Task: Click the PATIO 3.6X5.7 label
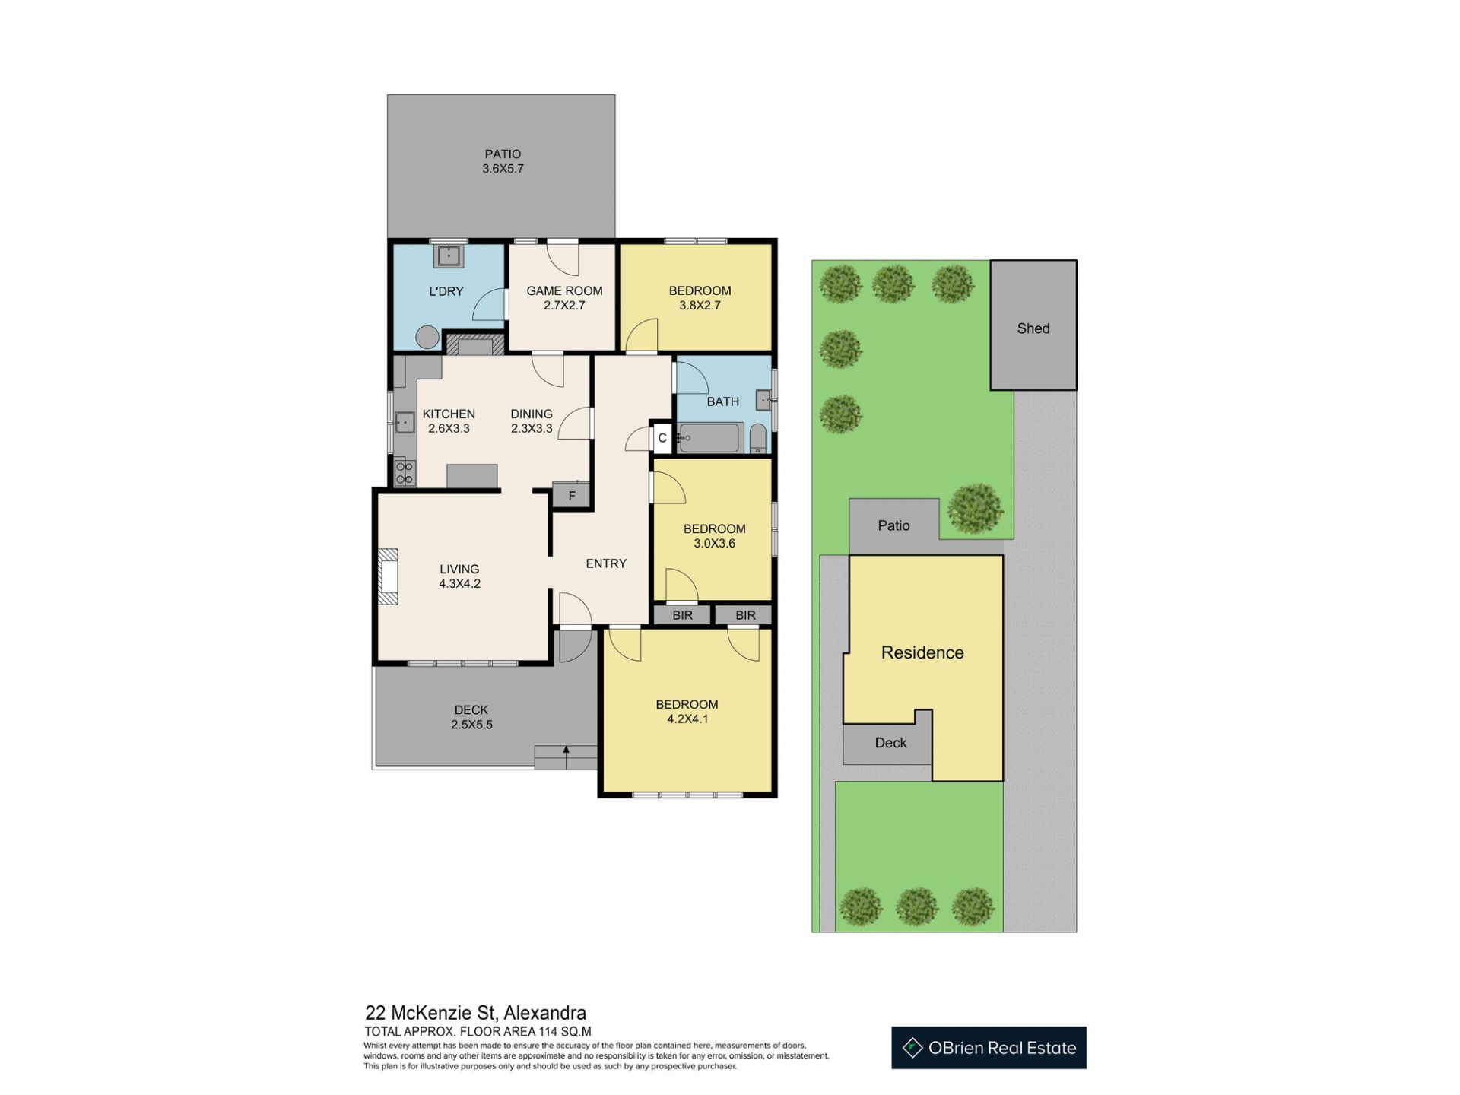[503, 161]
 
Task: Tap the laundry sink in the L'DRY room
[449, 255]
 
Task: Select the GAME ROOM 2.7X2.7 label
[564, 298]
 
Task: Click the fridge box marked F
[572, 495]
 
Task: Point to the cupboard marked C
[662, 438]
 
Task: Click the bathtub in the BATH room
[709, 438]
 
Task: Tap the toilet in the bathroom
[758, 439]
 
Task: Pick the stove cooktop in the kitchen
[405, 472]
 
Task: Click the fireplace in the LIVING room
[387, 576]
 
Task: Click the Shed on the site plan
[1033, 325]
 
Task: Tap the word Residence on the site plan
[922, 652]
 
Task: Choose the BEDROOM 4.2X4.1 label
[687, 712]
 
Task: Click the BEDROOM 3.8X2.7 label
[700, 298]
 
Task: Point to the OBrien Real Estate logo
[989, 1048]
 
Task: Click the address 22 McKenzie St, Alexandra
[476, 1013]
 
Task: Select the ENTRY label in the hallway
[606, 563]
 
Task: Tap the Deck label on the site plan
[890, 743]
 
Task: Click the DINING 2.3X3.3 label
[532, 421]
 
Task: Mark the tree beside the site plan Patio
[976, 508]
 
